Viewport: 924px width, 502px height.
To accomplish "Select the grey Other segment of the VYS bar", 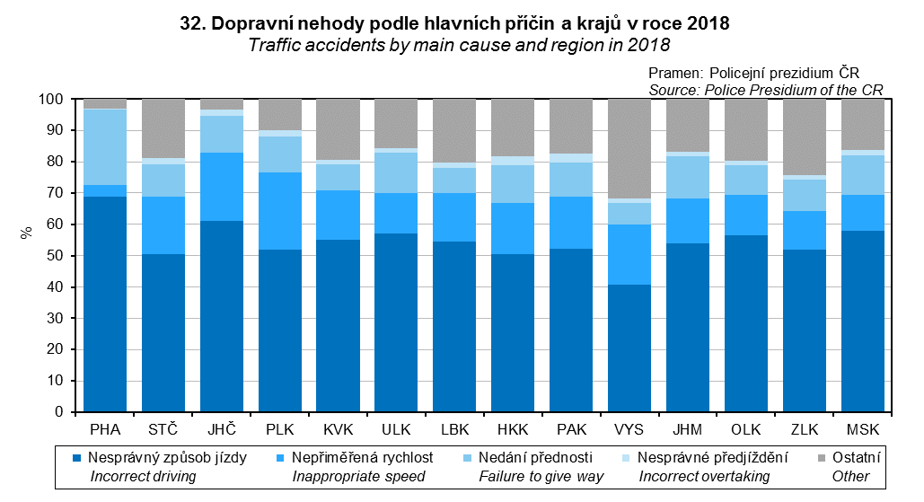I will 630,148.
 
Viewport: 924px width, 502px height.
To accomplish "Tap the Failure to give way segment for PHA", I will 104,146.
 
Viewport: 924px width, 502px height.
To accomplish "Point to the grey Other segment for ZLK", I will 805,137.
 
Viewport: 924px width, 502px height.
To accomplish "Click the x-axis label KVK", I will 339,428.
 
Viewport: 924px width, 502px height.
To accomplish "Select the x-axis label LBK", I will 455,428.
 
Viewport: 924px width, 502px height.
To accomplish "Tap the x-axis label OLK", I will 747,428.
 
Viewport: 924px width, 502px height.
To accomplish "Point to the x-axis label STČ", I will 163,428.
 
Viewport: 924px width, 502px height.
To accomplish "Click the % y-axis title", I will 26,231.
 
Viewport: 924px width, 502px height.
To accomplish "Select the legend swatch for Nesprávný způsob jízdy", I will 77,458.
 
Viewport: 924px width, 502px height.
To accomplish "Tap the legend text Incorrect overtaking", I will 704,476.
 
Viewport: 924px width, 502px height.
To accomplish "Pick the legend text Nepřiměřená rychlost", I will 362,458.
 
